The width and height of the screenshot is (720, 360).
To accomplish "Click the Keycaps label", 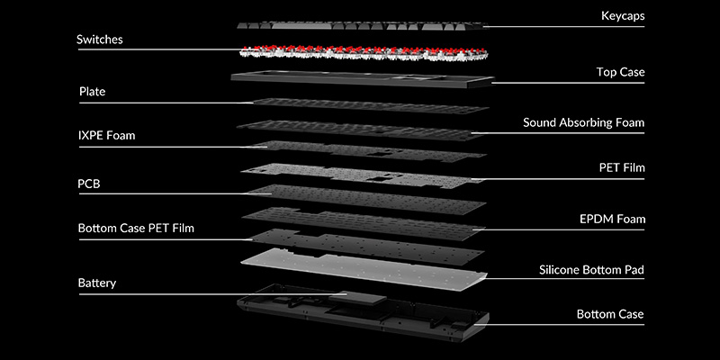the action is (x=623, y=16).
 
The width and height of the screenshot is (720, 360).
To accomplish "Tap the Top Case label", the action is (x=620, y=71).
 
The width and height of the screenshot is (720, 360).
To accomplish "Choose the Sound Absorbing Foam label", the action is (x=584, y=121).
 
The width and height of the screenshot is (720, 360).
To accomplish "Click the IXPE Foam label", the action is (x=112, y=136).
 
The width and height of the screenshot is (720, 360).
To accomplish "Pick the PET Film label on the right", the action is (x=622, y=167).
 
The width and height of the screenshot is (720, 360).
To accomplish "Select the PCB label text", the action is (x=89, y=184).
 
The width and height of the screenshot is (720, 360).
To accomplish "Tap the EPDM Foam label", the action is (x=611, y=218).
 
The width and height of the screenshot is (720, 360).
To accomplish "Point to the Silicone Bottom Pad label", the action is (x=590, y=269).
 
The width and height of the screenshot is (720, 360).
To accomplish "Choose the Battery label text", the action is (x=96, y=283).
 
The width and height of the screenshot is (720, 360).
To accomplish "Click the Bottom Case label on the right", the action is (x=610, y=314).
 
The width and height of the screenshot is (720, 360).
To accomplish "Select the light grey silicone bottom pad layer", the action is (x=360, y=267).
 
